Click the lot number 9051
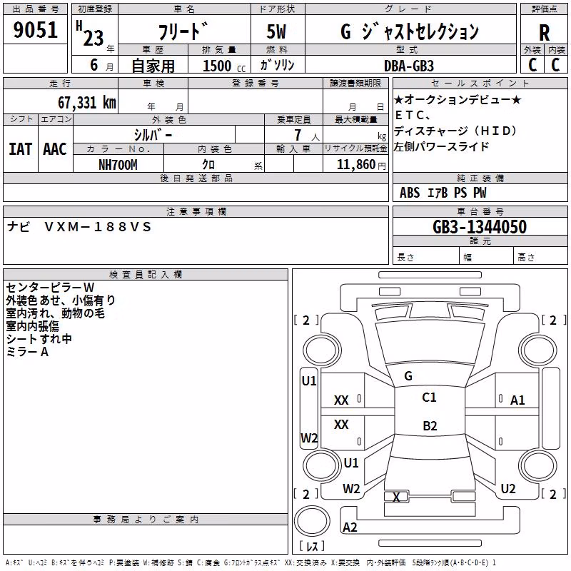[x=35, y=29]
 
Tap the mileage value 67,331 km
[x=87, y=103]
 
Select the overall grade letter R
[x=544, y=33]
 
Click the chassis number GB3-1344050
[x=480, y=227]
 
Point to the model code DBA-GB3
[x=409, y=66]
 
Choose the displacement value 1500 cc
[x=224, y=66]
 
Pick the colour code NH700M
[x=118, y=165]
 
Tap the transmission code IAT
[x=20, y=149]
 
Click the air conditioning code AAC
[x=55, y=149]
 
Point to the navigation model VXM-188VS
[x=98, y=227]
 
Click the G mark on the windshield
[x=408, y=376]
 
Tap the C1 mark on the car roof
[x=429, y=398]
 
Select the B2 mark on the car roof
[x=430, y=425]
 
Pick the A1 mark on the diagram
[x=517, y=400]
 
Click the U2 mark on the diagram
[x=508, y=489]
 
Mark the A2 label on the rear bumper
[x=350, y=527]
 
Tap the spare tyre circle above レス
[x=312, y=521]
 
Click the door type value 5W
[x=276, y=31]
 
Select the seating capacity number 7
[x=298, y=135]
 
